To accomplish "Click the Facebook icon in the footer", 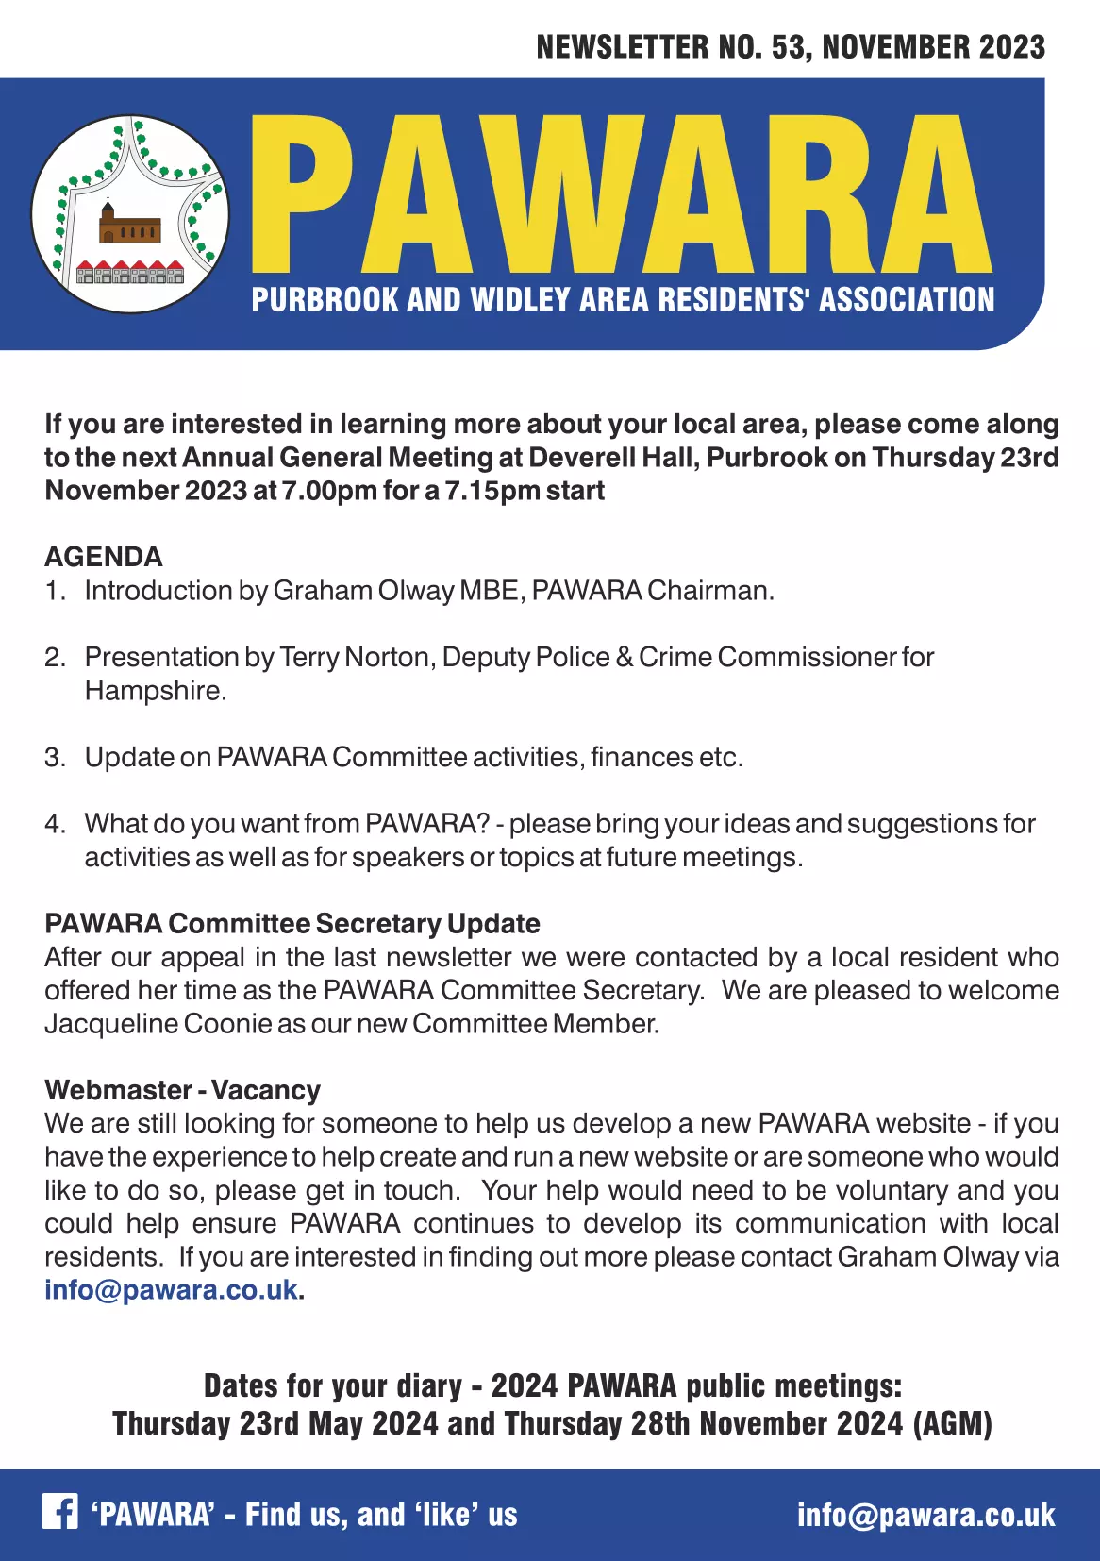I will point(59,1512).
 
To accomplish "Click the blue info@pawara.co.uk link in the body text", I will point(171,1290).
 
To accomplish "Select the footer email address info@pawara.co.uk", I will point(925,1515).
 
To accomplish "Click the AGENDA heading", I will point(104,557).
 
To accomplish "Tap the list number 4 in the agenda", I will point(54,824).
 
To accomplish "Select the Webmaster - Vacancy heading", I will point(182,1090).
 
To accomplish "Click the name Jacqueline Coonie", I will point(158,1024).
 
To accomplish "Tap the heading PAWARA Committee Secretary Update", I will point(292,924).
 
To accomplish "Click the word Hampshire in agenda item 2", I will point(155,691).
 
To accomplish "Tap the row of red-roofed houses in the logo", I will point(131,272).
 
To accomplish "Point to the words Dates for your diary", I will point(333,1385).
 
